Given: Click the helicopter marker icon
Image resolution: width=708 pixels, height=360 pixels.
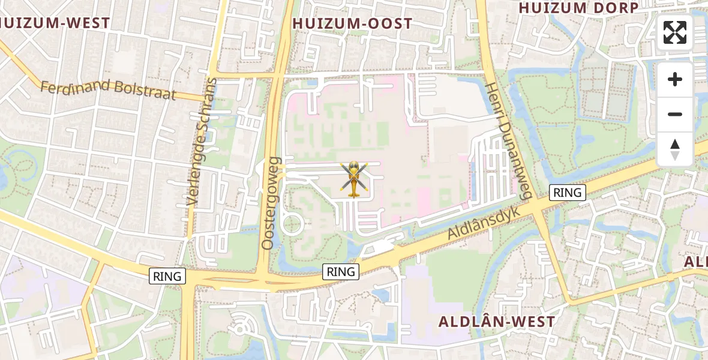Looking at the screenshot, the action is click(x=353, y=178).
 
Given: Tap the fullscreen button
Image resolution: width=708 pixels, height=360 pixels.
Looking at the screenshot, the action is click(x=675, y=32).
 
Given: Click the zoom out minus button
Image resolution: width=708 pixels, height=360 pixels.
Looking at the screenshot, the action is click(x=675, y=114).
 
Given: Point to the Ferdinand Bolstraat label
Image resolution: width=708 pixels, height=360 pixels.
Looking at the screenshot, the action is click(x=108, y=89).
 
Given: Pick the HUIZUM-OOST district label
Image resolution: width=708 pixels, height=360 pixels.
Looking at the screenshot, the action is click(x=352, y=24).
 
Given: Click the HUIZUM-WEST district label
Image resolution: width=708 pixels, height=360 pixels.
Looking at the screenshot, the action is click(x=55, y=23).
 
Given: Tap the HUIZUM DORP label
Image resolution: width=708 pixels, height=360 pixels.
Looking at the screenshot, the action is click(x=578, y=8).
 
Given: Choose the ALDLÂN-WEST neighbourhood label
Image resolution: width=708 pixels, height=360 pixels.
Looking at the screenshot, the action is click(x=497, y=322).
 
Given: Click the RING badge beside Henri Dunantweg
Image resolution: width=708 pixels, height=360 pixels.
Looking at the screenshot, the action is click(x=567, y=193).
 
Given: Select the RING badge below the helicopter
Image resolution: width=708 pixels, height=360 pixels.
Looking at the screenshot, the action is click(x=341, y=272).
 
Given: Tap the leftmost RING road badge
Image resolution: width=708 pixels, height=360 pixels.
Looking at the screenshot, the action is click(x=167, y=277).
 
